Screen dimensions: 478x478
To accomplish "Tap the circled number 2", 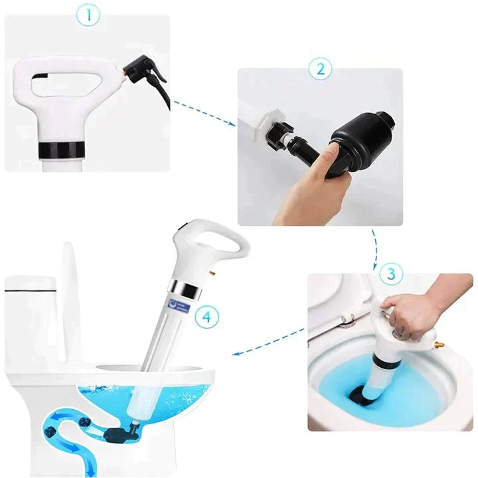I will click(x=320, y=68).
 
